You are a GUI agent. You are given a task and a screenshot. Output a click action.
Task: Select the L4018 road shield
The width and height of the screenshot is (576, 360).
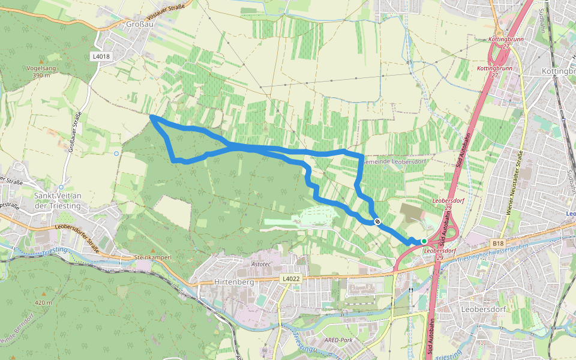101,56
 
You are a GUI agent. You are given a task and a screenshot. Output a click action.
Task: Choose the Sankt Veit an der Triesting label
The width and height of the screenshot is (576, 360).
58,200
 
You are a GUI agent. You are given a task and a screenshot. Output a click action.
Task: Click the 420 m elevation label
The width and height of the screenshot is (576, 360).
44,303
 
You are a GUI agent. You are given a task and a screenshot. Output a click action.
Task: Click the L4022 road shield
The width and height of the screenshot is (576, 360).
290,278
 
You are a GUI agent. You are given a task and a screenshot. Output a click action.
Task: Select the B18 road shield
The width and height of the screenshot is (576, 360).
497,243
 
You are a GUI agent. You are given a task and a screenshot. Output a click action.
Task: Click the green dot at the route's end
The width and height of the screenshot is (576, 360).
424,241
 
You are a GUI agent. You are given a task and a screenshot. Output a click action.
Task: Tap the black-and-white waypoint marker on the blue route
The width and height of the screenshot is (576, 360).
377,221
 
